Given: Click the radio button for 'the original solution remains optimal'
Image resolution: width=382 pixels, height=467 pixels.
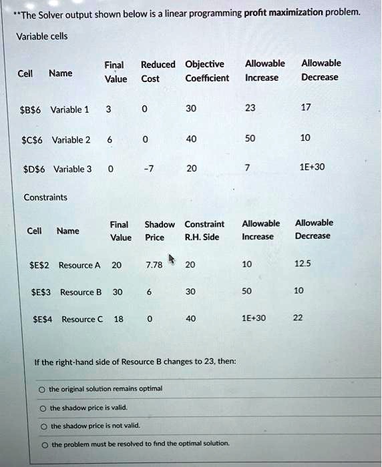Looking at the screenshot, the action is (42, 389).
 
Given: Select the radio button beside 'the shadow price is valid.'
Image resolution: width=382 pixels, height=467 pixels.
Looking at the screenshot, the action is (43, 408).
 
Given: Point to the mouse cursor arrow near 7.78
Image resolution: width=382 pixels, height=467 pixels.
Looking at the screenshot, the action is (172, 258).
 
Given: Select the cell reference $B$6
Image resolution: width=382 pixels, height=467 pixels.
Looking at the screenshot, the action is (32, 109).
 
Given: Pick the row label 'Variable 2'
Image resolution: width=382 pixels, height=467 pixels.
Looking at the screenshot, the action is (71, 139).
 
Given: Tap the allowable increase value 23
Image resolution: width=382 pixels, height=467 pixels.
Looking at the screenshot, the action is (250, 109).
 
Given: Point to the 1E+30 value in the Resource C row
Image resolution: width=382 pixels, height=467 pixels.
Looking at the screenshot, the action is (253, 318).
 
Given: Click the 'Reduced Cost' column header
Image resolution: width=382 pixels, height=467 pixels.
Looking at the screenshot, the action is (158, 71).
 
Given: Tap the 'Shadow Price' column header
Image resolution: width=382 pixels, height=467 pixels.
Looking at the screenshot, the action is (159, 230).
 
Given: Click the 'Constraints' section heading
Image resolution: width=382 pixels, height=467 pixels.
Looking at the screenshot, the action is (45, 197).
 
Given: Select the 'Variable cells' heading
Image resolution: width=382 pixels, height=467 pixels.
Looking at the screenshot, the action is (41, 36).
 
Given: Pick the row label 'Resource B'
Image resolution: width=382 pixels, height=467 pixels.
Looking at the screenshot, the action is (81, 292).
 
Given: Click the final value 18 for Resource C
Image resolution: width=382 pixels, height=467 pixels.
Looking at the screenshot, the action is (118, 319).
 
